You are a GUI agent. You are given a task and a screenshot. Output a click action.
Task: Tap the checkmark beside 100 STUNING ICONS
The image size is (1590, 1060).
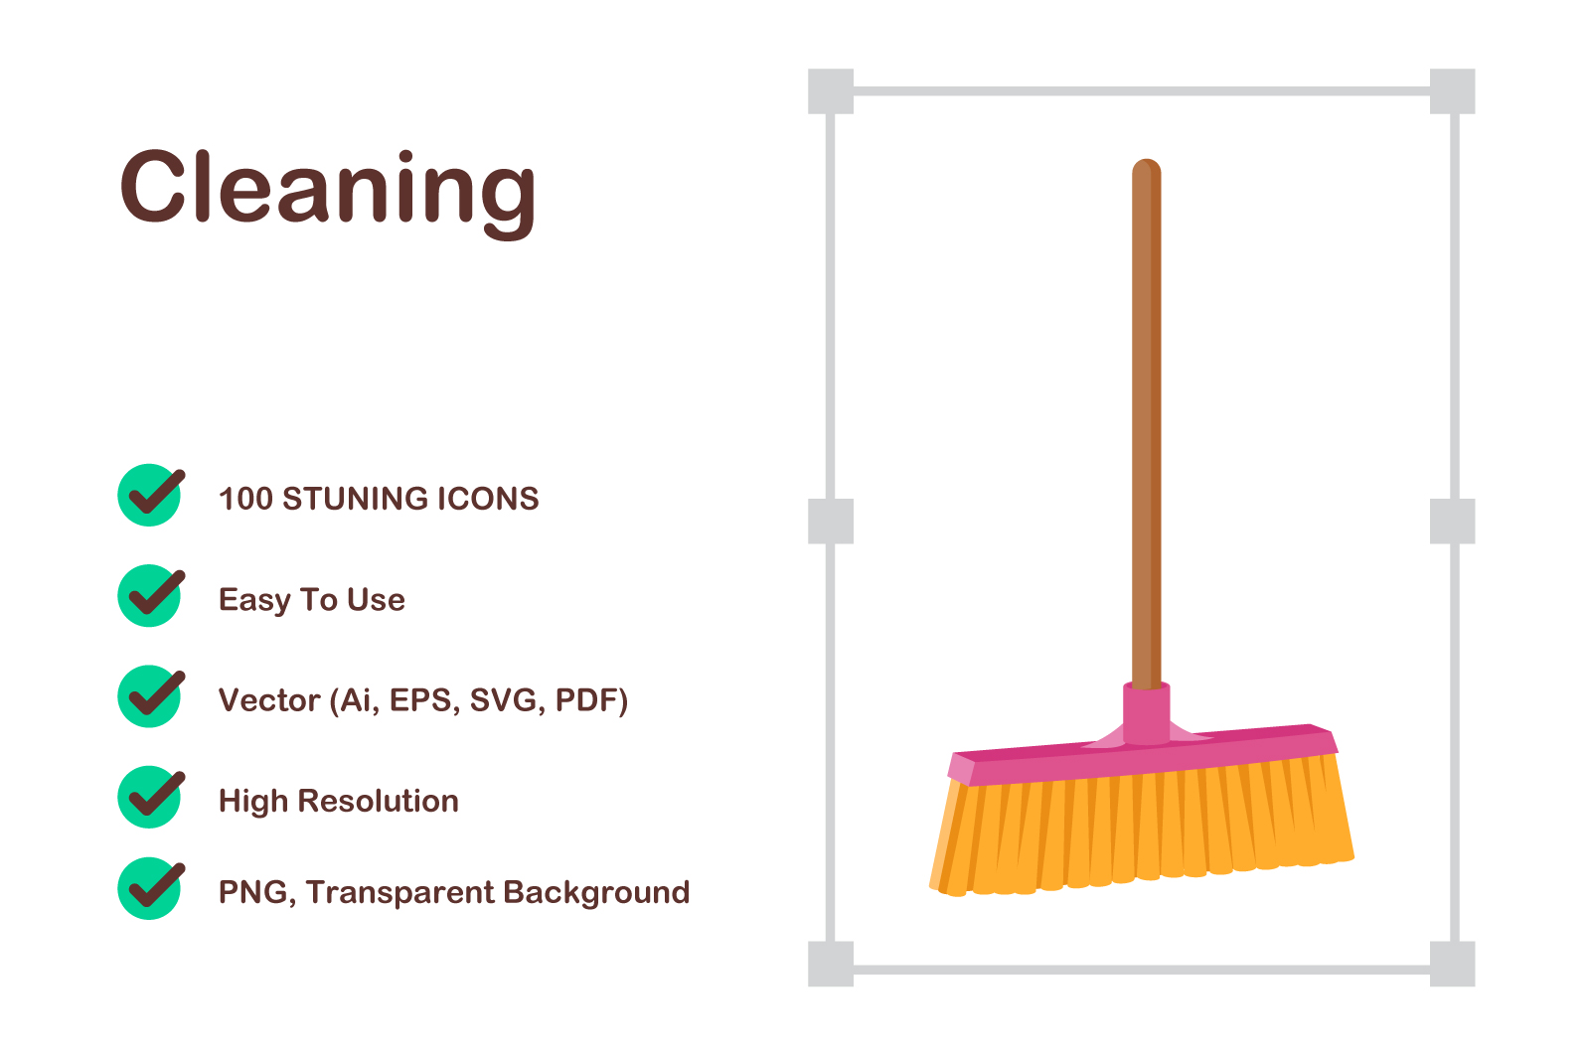[150, 495]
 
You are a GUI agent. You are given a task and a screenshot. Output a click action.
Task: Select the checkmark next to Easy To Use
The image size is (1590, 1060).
[150, 595]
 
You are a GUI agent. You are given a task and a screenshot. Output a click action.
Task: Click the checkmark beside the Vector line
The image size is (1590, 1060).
[150, 696]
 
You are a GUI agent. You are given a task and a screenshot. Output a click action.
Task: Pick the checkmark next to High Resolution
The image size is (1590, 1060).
[150, 797]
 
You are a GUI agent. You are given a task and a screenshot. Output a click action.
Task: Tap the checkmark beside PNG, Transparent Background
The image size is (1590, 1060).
[150, 888]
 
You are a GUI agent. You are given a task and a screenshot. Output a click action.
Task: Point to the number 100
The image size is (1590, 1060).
[245, 498]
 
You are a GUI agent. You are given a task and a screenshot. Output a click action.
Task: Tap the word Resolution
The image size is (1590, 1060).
[379, 801]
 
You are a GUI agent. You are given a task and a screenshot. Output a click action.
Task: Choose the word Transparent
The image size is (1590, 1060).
[398, 892]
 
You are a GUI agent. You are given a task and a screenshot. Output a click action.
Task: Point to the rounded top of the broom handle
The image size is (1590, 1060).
[1147, 168]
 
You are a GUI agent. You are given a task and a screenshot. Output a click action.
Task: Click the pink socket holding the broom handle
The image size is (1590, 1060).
[1147, 712]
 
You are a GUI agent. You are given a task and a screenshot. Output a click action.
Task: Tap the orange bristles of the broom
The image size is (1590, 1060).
[1143, 827]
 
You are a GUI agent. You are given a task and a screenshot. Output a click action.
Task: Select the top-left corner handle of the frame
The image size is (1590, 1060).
[831, 90]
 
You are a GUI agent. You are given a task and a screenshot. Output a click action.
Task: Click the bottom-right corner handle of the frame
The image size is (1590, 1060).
[1452, 964]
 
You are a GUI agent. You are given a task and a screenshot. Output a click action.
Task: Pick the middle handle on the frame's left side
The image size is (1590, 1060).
[831, 521]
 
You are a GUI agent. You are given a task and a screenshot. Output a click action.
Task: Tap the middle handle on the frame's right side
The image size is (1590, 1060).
[1452, 521]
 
